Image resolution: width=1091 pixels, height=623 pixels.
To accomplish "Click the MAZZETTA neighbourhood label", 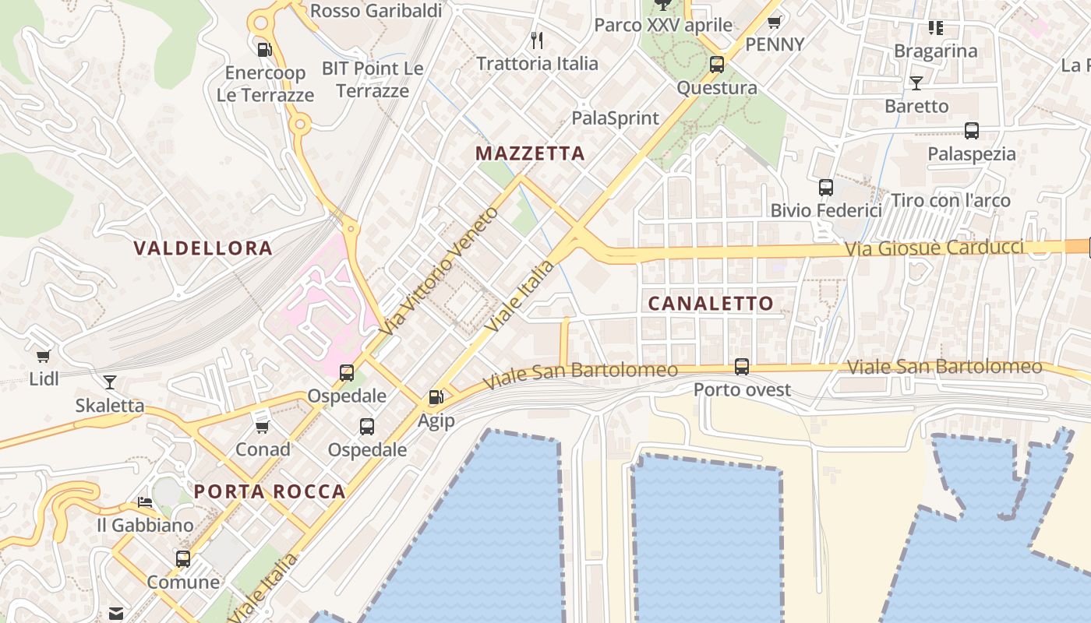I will point(530,153).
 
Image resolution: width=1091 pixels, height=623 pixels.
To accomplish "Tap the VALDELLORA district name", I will point(203,248).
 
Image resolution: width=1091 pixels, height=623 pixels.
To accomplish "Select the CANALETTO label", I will point(711,304).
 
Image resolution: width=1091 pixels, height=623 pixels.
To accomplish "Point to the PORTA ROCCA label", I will point(270,491).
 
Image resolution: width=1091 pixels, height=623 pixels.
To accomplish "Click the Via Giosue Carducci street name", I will point(934,248).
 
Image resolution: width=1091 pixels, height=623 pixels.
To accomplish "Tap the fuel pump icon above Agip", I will point(436,397).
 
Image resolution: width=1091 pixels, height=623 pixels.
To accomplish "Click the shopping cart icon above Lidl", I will point(44,356).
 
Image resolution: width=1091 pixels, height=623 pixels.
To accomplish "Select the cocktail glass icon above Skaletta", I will point(110,382).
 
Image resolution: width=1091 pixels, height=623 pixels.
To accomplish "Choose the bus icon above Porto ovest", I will point(742,366).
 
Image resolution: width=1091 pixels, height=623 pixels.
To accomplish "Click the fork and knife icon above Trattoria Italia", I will point(536,39).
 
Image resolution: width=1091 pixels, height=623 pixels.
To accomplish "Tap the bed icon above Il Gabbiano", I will point(145,502).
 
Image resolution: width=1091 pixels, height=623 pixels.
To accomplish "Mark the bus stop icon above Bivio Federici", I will point(826,187).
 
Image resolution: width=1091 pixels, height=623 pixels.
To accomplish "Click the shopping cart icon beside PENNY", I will point(774,22).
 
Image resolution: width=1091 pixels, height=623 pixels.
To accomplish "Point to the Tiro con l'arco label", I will point(950,200).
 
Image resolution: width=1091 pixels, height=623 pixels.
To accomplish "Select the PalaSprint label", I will point(615,118).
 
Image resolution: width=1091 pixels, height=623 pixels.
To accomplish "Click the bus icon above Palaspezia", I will point(971,130).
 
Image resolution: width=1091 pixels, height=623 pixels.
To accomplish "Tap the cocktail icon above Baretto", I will point(916,83).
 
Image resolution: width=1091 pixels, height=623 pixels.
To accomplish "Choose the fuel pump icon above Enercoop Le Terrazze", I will point(265,50).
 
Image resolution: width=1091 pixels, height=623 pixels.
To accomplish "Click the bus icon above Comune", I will point(183,558).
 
